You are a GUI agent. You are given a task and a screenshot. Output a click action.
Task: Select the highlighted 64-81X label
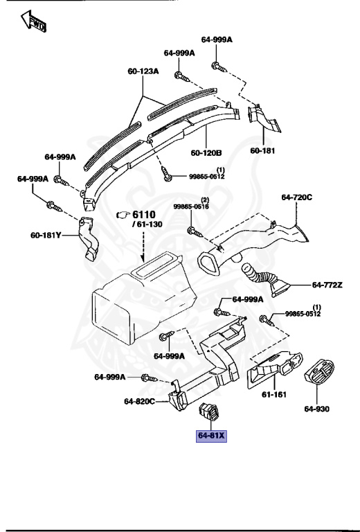pos(212,436)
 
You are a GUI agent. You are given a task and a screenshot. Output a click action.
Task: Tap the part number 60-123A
pos(143,71)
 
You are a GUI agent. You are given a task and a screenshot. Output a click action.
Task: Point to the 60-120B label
pos(206,152)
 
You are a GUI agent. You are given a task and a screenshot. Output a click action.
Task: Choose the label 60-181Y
pos(46,236)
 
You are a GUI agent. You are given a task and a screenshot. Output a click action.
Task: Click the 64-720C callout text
pos(297,197)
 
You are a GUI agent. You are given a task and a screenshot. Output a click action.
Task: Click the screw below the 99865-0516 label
pos(192,229)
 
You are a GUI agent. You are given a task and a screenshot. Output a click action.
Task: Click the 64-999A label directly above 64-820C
pos(110,377)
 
